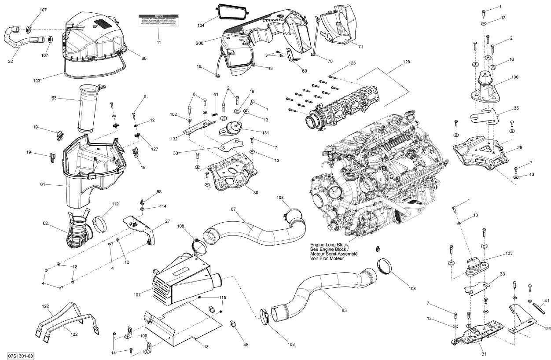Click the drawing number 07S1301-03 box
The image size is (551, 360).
click(x=21, y=355)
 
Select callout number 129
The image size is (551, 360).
click(x=406, y=62)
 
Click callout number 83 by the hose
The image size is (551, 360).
click(x=344, y=310)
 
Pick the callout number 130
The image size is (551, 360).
click(x=514, y=77)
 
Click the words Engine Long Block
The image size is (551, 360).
click(x=329, y=244)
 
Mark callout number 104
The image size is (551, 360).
click(x=201, y=26)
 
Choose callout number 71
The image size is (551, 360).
click(x=360, y=46)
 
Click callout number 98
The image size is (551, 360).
click(x=158, y=191)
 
